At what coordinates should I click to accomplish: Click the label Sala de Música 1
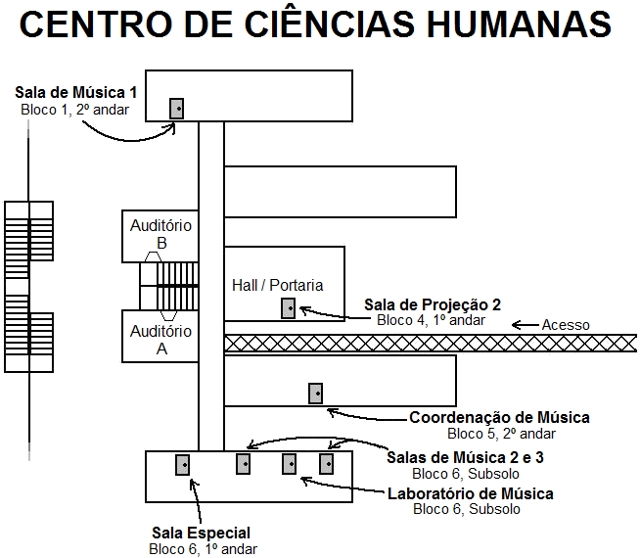[x=75, y=93]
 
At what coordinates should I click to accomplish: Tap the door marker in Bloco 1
[x=177, y=109]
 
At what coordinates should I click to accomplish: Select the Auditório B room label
[x=161, y=234]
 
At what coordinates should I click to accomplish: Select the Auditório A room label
[x=161, y=339]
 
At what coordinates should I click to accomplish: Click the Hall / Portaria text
[x=277, y=285]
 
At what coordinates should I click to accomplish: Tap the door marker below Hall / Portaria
[x=288, y=308]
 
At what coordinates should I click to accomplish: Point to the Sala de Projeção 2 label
[x=433, y=303]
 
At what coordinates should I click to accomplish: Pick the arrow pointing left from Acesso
[x=525, y=325]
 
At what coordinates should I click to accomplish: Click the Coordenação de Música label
[x=499, y=418]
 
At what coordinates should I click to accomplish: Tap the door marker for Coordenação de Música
[x=315, y=394]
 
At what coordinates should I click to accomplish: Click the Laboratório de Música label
[x=471, y=493]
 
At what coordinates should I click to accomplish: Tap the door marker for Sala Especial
[x=182, y=464]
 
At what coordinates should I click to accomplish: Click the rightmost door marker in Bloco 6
[x=327, y=464]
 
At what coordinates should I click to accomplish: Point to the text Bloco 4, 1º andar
[x=432, y=319]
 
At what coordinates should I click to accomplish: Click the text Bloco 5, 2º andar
[x=501, y=434]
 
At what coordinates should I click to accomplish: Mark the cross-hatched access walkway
[x=431, y=343]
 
